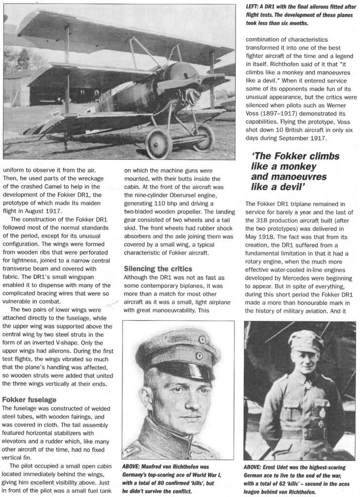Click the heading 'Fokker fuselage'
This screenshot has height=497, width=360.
(x=30, y=399)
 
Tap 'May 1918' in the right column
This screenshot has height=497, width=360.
(x=260, y=247)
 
